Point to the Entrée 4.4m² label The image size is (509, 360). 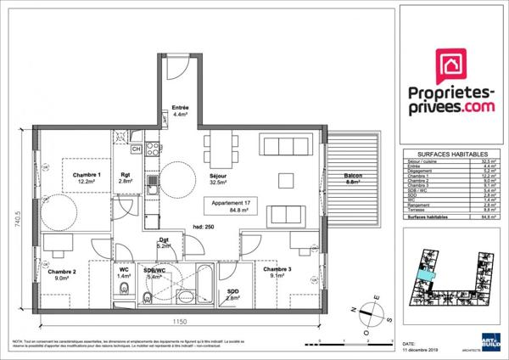pos(180,111)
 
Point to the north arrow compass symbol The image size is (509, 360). pos(372,309)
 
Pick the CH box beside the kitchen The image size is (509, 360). pos(136,149)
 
